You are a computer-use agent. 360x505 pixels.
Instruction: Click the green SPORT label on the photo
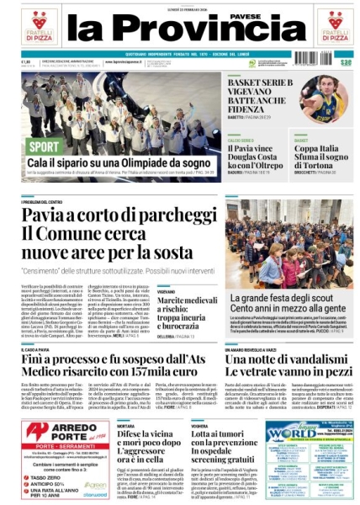pos(45,146)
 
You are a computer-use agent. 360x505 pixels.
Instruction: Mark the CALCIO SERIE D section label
pos(240,140)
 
